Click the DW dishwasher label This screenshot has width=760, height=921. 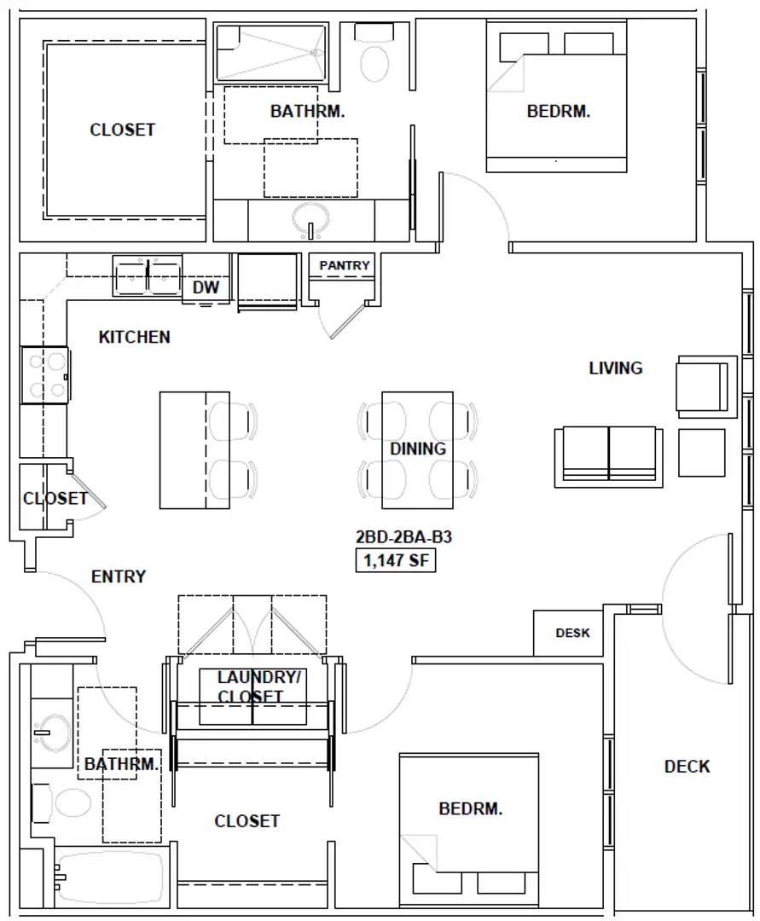[x=206, y=287]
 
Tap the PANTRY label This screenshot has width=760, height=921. [x=344, y=265]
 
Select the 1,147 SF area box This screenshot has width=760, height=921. [x=396, y=559]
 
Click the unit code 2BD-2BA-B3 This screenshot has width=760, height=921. [x=403, y=537]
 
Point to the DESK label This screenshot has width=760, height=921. [x=572, y=633]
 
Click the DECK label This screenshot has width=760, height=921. [x=687, y=766]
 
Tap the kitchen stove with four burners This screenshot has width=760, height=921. [x=45, y=375]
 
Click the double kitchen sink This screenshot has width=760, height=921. [x=148, y=275]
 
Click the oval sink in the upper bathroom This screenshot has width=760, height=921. [x=310, y=220]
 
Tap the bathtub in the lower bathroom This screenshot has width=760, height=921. [x=110, y=878]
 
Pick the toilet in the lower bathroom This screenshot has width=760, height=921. [x=61, y=802]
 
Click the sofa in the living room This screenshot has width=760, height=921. [x=609, y=457]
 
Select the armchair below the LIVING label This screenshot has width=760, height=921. [x=707, y=386]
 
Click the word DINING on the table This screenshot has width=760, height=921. [x=418, y=449]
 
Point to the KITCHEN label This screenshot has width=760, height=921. [x=135, y=337]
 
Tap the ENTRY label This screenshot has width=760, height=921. [x=119, y=576]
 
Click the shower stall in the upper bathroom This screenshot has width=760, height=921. [x=270, y=52]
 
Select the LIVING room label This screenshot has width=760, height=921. [x=616, y=368]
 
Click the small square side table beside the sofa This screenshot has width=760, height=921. [x=702, y=452]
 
